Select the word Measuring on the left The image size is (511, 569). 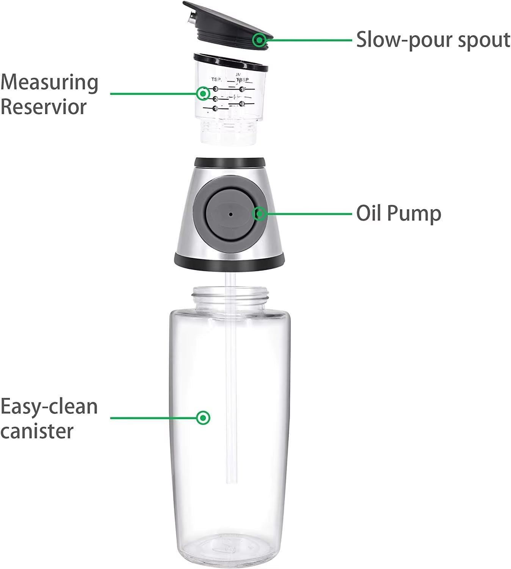pos(49,82)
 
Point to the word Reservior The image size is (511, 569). pos(44,107)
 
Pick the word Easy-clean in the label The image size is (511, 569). pos(49,407)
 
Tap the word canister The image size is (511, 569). pos(37,431)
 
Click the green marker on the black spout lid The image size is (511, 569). pos(260,39)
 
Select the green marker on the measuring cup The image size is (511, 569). pos(203,93)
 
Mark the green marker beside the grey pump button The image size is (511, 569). pos(260,214)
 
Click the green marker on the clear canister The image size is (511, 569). pos(204,418)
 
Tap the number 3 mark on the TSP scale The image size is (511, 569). pos(216,89)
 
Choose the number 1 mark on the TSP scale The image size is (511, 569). pos(215,108)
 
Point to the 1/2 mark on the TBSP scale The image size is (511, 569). pos(242,104)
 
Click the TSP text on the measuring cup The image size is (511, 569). pos(216,79)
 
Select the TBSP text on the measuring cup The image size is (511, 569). pos(243,80)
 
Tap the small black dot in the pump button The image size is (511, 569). pos(230,214)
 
